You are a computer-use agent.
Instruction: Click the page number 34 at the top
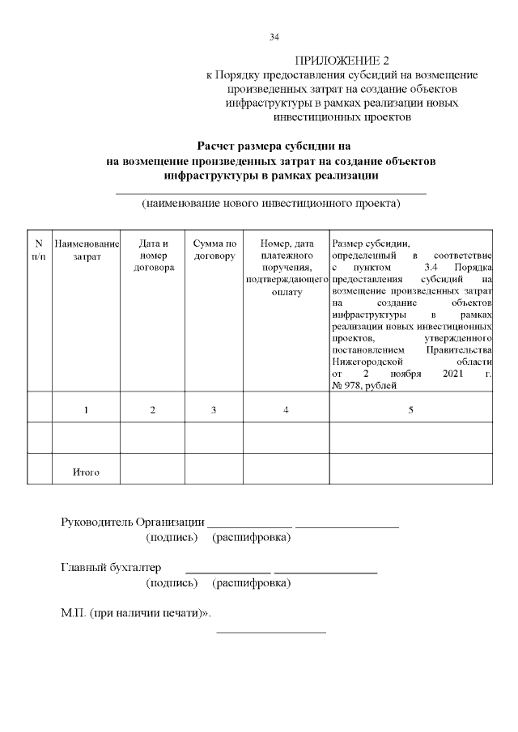click(x=274, y=37)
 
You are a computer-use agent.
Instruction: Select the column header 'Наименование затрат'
click(x=86, y=250)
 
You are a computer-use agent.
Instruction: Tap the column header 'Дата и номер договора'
click(x=153, y=256)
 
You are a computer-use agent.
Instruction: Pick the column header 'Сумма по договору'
click(x=214, y=250)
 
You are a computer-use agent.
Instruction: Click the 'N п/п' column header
click(x=39, y=250)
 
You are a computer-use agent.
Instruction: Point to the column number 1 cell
click(x=86, y=410)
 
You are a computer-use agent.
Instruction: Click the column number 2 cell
click(x=153, y=410)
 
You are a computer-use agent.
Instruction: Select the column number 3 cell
click(x=214, y=410)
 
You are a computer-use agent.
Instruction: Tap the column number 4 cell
click(x=287, y=410)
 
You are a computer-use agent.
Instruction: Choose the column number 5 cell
click(x=410, y=410)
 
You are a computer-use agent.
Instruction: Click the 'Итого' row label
click(x=86, y=472)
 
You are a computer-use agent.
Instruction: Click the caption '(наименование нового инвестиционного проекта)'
click(x=271, y=203)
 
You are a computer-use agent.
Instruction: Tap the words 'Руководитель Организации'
click(x=133, y=521)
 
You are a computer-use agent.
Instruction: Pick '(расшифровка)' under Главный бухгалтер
click(x=251, y=582)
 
